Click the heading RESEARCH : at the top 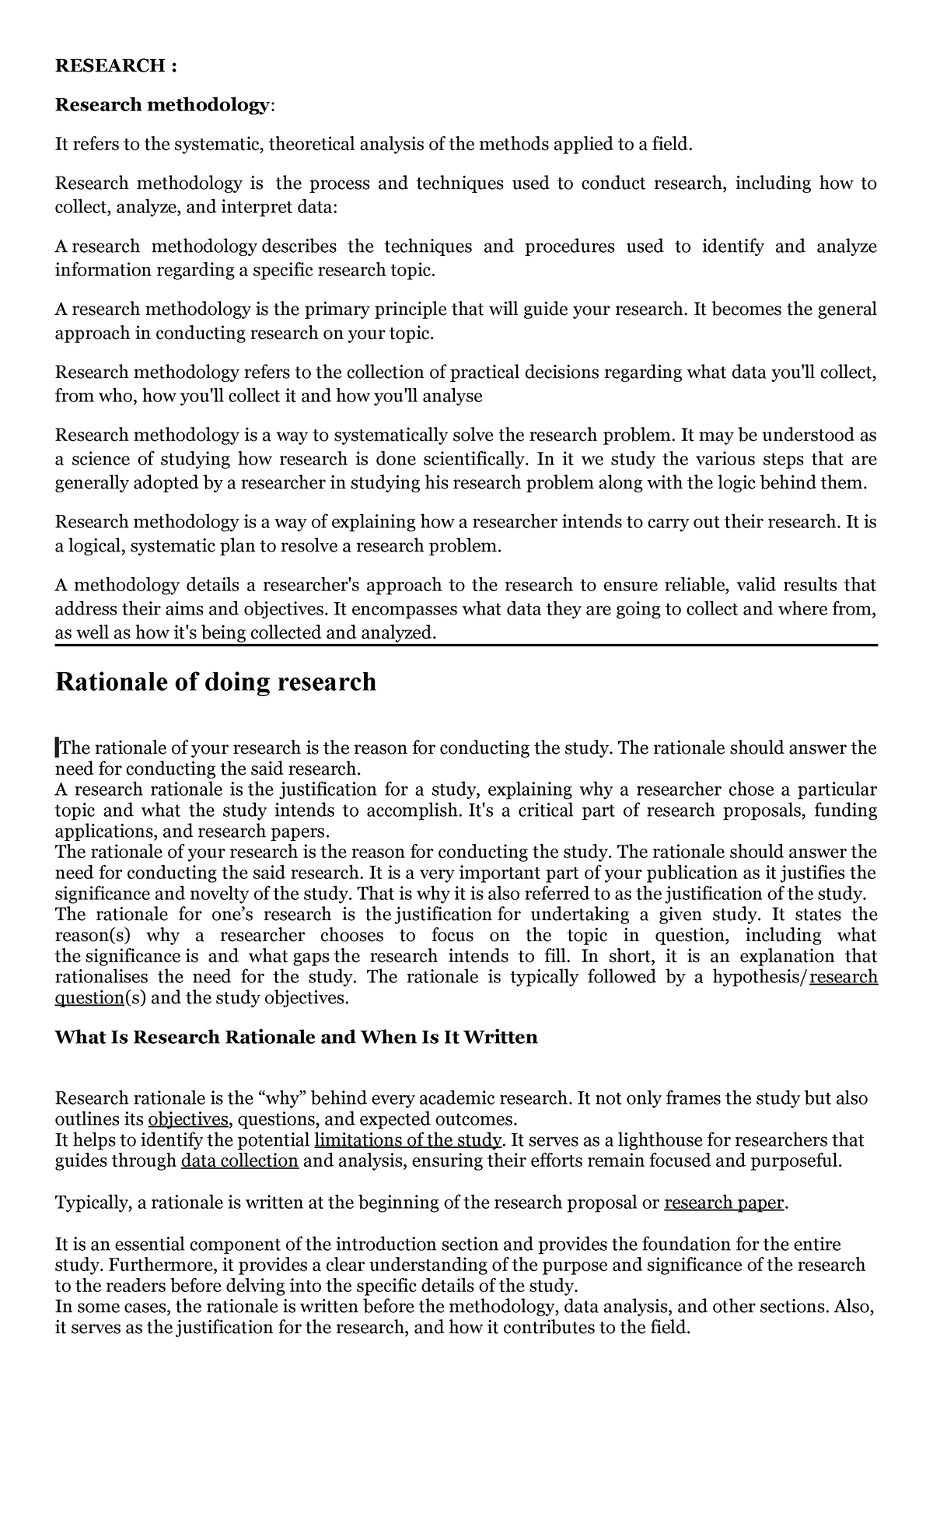pyautogui.click(x=116, y=66)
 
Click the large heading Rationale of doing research pyautogui.click(x=215, y=682)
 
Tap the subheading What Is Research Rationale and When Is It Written pyautogui.click(x=295, y=1037)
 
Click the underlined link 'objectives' pyautogui.click(x=189, y=1119)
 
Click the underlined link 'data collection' pyautogui.click(x=239, y=1161)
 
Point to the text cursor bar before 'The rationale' pyautogui.click(x=57, y=749)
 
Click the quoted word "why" pyautogui.click(x=282, y=1098)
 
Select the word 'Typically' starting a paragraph pyautogui.click(x=91, y=1203)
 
